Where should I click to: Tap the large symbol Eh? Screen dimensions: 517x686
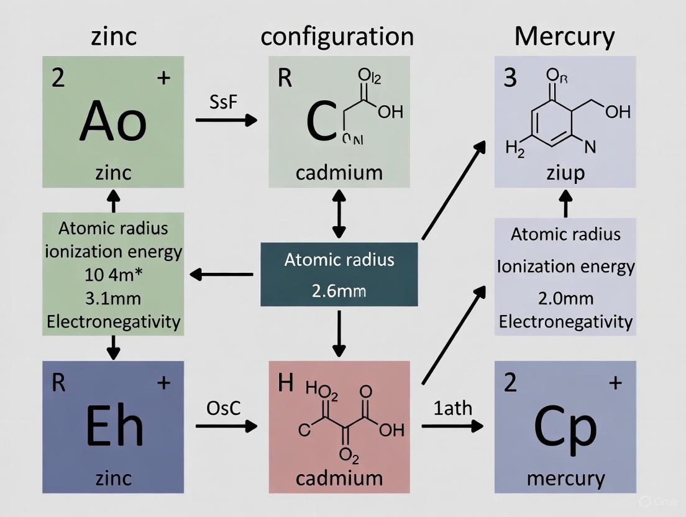pos(113,426)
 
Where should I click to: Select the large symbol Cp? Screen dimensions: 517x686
pos(565,426)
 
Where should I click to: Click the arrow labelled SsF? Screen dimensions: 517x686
pos(226,120)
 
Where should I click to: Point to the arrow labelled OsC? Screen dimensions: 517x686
pos(226,426)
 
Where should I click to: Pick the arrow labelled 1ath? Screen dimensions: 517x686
pos(452,426)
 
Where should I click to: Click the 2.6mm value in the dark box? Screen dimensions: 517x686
pos(339,290)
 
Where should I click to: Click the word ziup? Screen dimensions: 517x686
pos(565,172)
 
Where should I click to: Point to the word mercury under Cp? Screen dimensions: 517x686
pos(565,478)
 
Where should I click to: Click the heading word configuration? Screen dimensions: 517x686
pos(337,37)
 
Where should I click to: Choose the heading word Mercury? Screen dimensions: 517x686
pos(564,37)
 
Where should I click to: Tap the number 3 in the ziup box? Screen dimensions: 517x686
pos(510,80)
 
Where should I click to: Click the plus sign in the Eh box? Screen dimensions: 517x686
pos(163,383)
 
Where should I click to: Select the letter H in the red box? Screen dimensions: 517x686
pos(285,383)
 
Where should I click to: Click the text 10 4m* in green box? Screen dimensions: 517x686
pos(113,275)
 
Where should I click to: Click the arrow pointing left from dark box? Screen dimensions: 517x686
pos(222,274)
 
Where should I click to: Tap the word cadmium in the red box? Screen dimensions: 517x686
pos(339,478)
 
